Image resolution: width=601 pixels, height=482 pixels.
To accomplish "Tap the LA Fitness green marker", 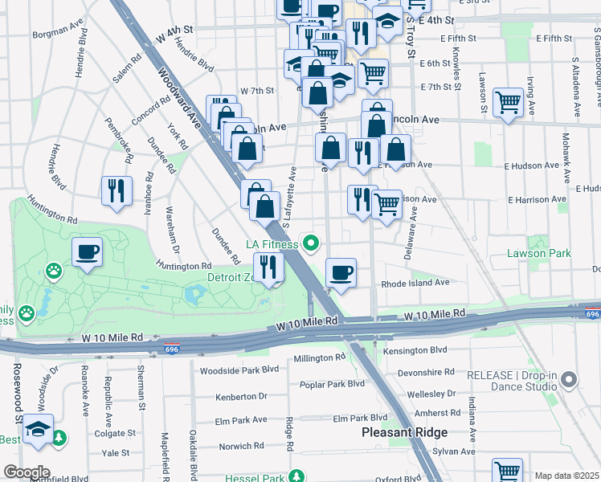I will [310, 242].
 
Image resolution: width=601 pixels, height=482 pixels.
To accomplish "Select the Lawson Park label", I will [538, 253].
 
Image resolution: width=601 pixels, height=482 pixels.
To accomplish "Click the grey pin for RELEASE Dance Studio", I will [570, 379].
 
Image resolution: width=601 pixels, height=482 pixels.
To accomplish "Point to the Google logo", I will [27, 472].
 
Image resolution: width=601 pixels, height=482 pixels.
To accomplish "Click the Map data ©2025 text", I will [566, 476].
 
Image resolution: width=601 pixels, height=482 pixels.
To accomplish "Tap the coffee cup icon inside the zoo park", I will [87, 252].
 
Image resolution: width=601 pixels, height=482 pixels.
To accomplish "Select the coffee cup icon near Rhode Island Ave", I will [341, 272].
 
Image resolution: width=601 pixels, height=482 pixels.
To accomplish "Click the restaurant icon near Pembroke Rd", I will [117, 190].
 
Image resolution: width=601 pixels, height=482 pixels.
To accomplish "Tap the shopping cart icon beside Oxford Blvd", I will [507, 470].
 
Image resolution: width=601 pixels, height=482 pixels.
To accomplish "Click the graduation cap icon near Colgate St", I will [38, 429].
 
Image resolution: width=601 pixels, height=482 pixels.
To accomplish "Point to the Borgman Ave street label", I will [58, 35].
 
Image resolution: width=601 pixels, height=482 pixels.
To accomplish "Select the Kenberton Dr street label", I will [240, 397].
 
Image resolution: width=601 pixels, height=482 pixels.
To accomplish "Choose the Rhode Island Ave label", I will [415, 283].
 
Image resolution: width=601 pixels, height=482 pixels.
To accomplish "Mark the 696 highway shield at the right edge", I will [593, 313].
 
